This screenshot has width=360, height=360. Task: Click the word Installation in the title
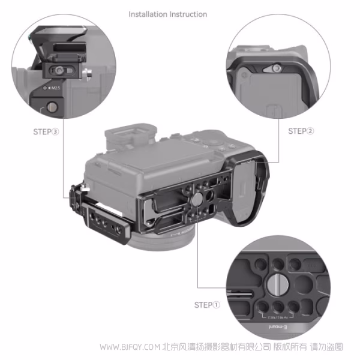[148, 14]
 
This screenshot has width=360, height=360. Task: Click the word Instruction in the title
[188, 14]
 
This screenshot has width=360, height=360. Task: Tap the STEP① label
[208, 305]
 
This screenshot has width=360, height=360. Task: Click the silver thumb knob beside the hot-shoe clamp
[88, 76]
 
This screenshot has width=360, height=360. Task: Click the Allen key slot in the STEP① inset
[246, 294]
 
